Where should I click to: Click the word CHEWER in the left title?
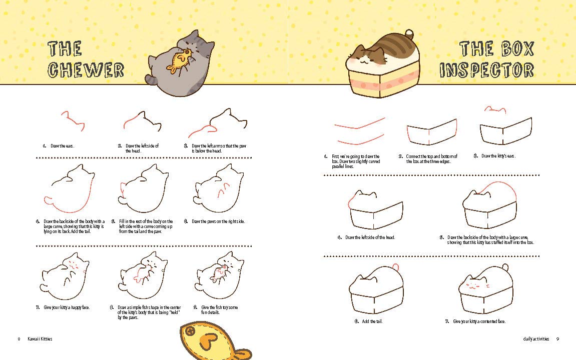point(86,70)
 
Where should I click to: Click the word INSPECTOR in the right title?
point(486,70)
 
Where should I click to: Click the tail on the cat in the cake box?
point(409,34)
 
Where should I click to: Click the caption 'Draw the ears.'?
point(62,146)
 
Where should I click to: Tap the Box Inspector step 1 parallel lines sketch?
point(359,131)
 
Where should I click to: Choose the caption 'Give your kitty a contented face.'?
point(479,321)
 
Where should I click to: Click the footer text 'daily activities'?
point(535,339)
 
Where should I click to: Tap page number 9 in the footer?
point(557,339)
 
